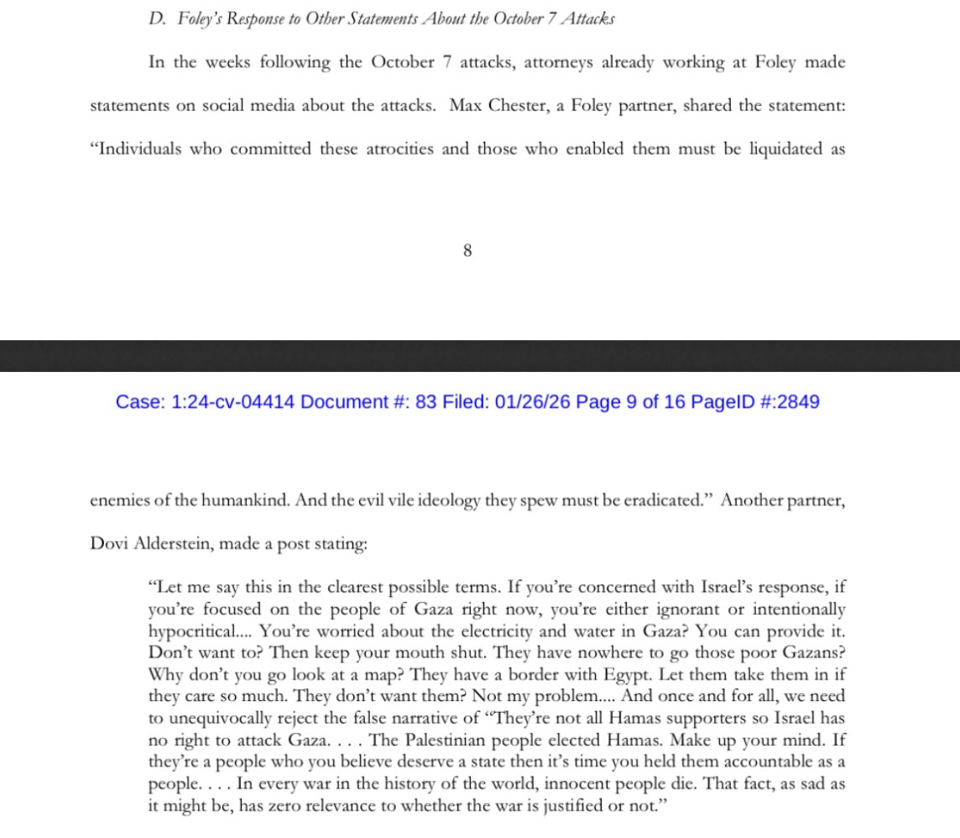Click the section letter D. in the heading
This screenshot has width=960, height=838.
tap(156, 18)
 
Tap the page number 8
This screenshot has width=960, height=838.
tap(467, 250)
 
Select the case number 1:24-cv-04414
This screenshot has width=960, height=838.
tap(232, 402)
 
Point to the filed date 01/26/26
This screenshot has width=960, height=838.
tap(532, 402)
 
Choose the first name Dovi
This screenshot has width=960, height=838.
tap(107, 543)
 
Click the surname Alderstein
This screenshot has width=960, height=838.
tap(174, 543)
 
